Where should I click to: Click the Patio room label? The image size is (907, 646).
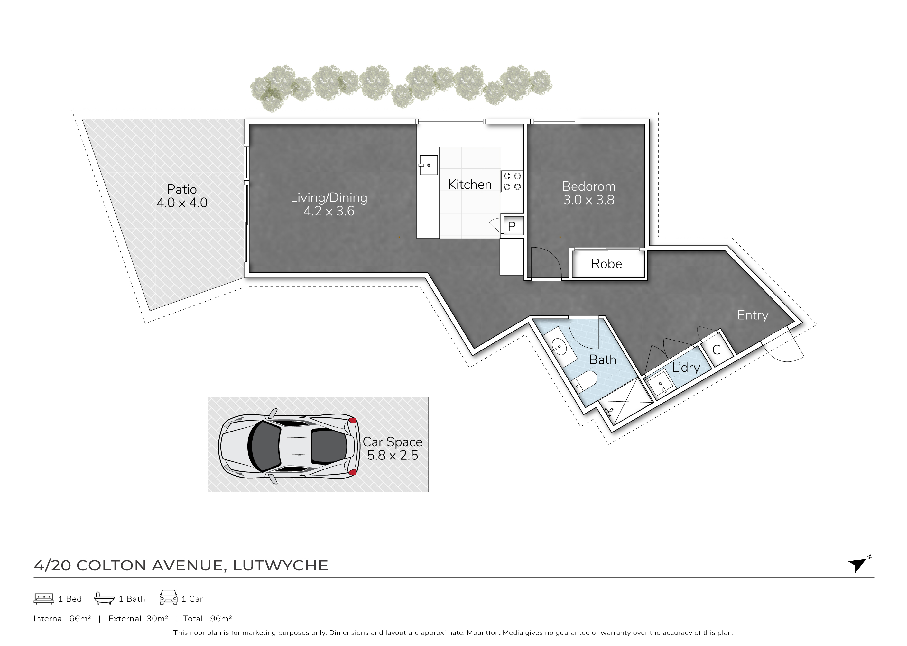[182, 189]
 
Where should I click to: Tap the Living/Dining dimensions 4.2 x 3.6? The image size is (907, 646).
[329, 211]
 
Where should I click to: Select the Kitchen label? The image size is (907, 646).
[470, 184]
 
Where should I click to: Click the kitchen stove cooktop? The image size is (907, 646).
[512, 181]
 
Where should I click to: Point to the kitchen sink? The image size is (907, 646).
[428, 165]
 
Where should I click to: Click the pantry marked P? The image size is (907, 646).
[512, 226]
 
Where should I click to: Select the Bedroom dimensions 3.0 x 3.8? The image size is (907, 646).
[588, 200]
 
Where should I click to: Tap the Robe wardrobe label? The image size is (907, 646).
[606, 264]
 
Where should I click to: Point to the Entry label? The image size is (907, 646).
[753, 315]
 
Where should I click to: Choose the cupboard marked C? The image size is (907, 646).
[717, 350]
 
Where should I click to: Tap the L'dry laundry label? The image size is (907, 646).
[686, 367]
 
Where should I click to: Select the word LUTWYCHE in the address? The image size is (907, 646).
[281, 565]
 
